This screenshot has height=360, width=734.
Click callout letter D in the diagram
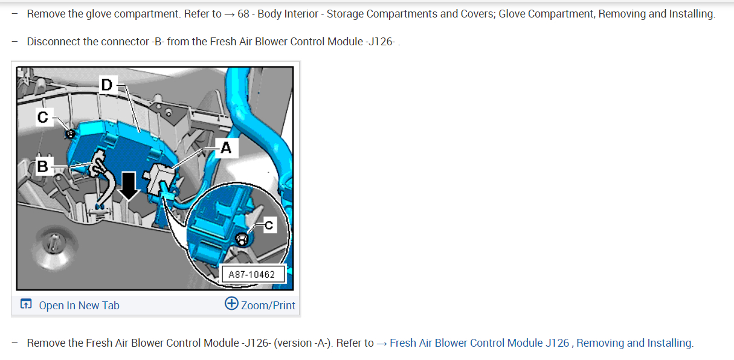(x=106, y=85)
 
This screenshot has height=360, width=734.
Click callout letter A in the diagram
(x=226, y=148)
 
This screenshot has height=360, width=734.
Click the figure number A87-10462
(x=252, y=275)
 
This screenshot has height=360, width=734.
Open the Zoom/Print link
(x=268, y=305)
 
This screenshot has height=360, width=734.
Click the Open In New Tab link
(x=79, y=305)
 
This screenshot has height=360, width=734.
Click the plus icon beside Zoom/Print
(x=231, y=304)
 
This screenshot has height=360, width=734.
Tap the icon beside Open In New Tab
(x=26, y=304)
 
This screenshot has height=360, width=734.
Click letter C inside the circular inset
(x=268, y=225)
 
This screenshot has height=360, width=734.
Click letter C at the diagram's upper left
(x=42, y=118)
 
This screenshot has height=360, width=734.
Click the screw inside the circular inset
(x=242, y=240)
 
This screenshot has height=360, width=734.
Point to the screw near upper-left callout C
(x=70, y=133)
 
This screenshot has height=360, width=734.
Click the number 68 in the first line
(x=243, y=14)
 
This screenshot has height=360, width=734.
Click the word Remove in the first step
(x=45, y=14)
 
